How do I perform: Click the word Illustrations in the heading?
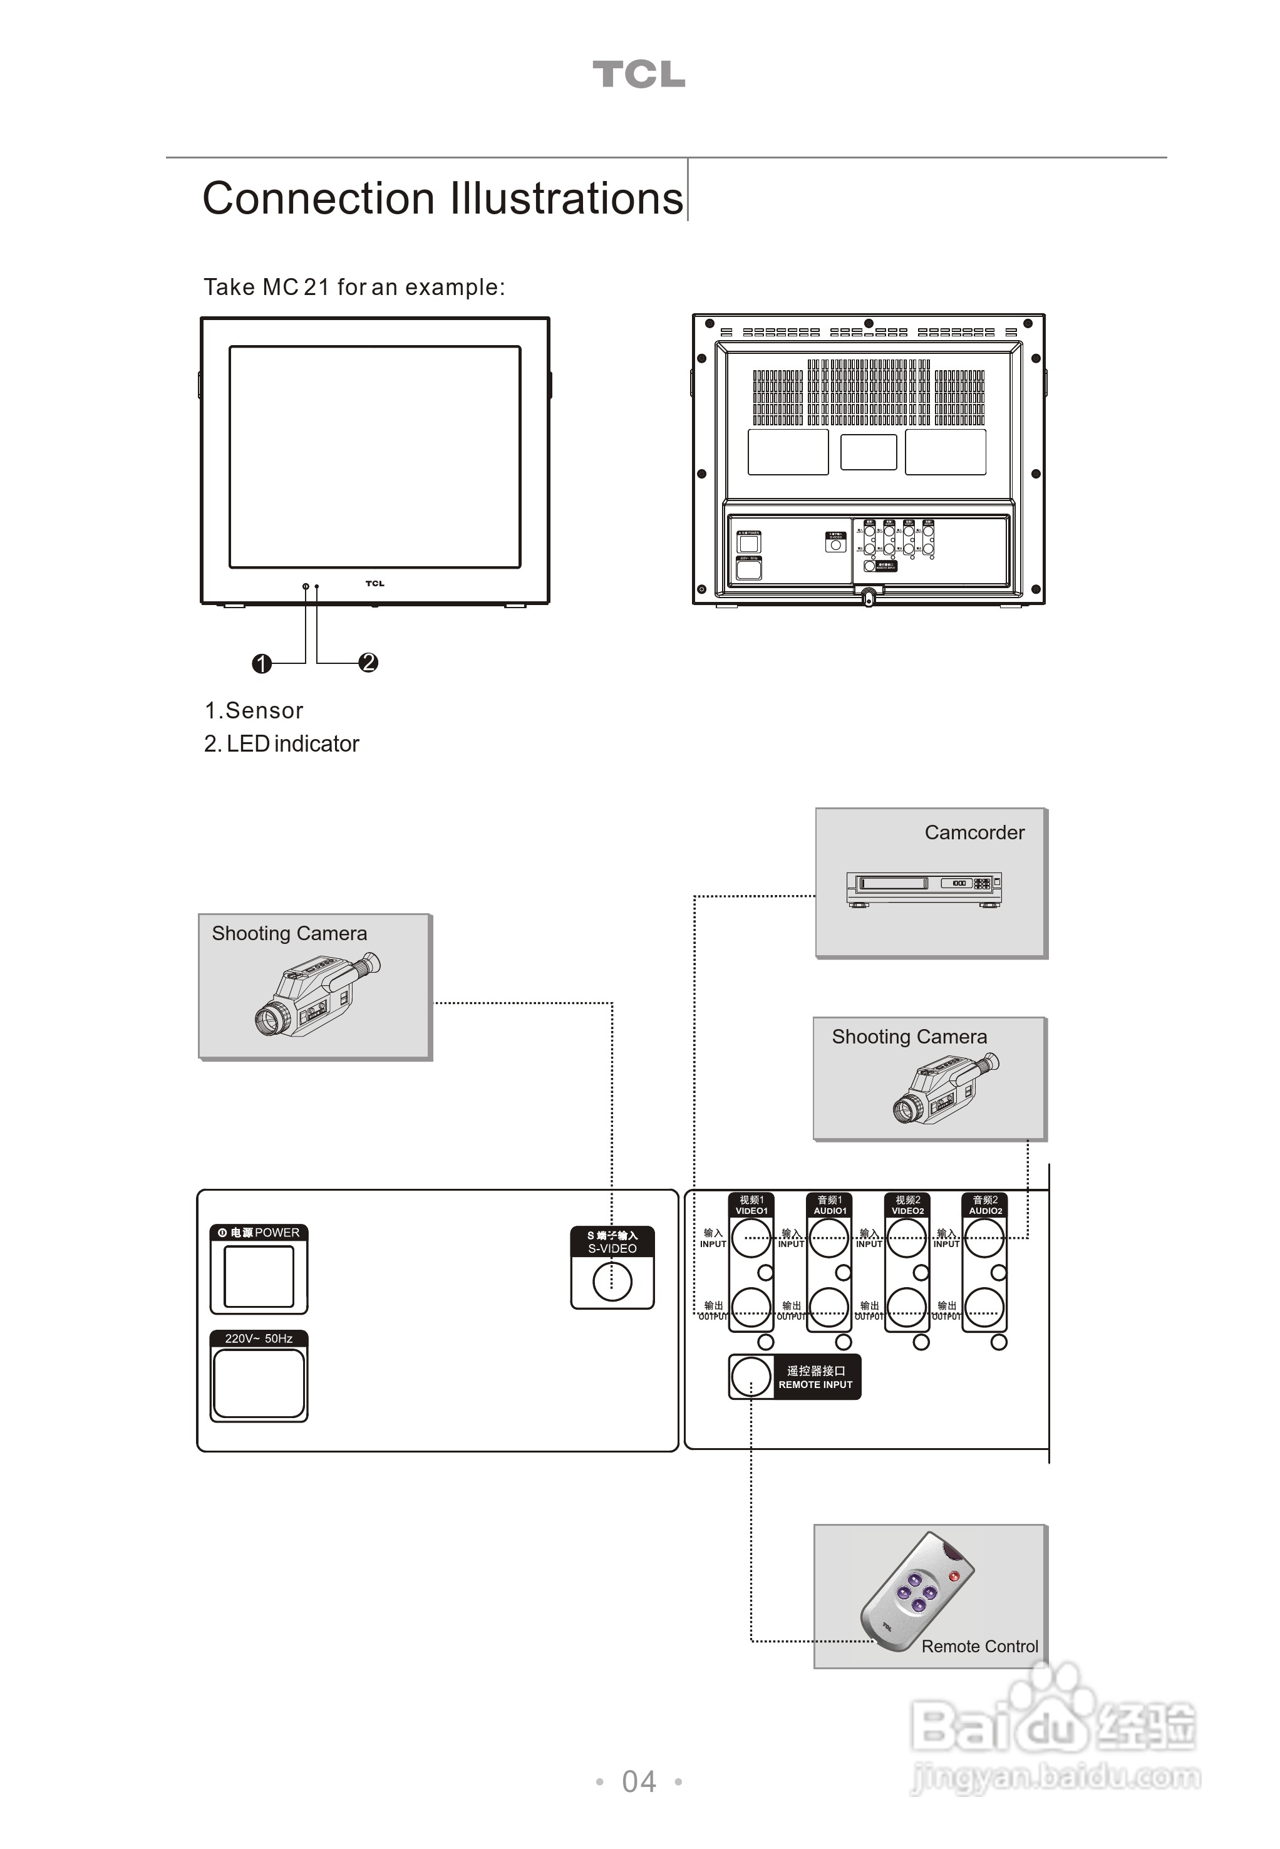coord(566,199)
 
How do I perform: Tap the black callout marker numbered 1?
coord(262,663)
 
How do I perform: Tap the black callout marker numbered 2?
coord(368,663)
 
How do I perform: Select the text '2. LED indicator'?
coord(282,744)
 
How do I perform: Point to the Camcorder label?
coord(974,832)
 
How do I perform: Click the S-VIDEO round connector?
coord(612,1281)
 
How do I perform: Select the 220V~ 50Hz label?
coord(258,1339)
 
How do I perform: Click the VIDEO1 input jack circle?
coord(751,1238)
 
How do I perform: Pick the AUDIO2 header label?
coord(985,1206)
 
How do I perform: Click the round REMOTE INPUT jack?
coord(751,1377)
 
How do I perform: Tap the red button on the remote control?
coord(954,1577)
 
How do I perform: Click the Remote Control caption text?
coord(979,1647)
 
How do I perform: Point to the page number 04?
coord(639,1781)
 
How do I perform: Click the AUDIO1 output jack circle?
coord(828,1308)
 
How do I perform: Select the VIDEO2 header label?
coord(907,1206)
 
